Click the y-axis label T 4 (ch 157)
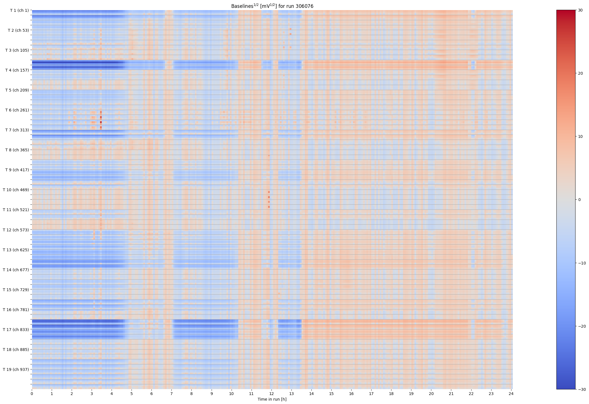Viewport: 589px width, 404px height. pyautogui.click(x=17, y=70)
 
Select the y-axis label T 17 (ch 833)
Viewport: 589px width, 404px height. pyautogui.click(x=16, y=330)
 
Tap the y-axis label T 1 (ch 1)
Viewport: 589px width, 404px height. pyautogui.click(x=19, y=10)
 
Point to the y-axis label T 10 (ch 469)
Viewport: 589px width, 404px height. pyautogui.click(x=16, y=190)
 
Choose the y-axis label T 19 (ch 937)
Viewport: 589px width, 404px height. pyautogui.click(x=16, y=369)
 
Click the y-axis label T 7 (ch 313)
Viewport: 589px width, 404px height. pyautogui.click(x=17, y=130)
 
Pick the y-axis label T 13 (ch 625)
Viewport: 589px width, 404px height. pyautogui.click(x=16, y=250)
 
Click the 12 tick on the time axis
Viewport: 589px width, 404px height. pyautogui.click(x=271, y=394)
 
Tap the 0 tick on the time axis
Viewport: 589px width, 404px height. pyautogui.click(x=32, y=394)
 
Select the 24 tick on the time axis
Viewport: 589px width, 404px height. pyautogui.click(x=511, y=394)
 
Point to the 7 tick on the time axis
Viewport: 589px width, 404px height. pyautogui.click(x=171, y=394)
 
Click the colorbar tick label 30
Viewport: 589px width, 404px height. pyautogui.click(x=580, y=10)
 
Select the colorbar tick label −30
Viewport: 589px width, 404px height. pyautogui.click(x=581, y=389)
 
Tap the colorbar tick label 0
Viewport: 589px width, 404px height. pyautogui.click(x=579, y=200)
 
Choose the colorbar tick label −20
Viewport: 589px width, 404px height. pyautogui.click(x=581, y=326)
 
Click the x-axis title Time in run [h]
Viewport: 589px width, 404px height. pyautogui.click(x=272, y=399)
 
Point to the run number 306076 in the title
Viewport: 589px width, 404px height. pyautogui.click(x=304, y=6)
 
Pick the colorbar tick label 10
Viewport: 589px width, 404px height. pyautogui.click(x=580, y=137)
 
